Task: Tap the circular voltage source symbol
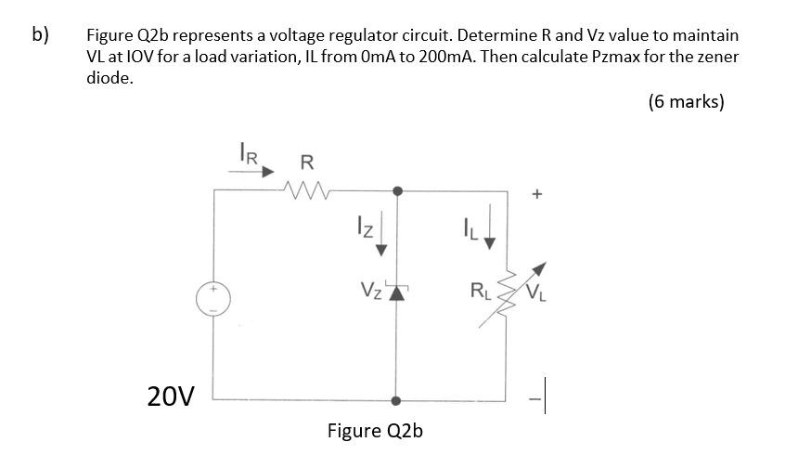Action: (213, 299)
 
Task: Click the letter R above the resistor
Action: (307, 162)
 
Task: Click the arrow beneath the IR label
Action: (251, 172)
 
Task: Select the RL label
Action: (481, 297)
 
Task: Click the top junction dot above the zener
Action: (397, 190)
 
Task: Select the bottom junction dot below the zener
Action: (397, 401)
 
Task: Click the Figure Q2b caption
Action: (375, 431)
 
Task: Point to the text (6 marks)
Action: (686, 102)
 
